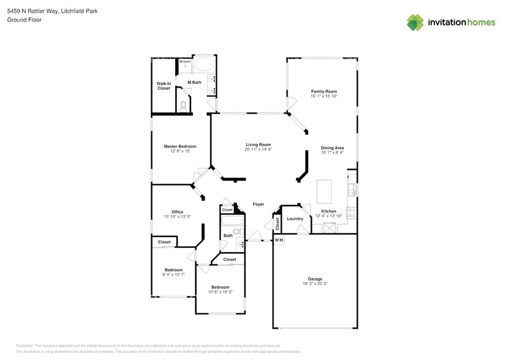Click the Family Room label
(x=323, y=91)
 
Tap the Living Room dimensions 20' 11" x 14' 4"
(x=258, y=149)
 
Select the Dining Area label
(x=332, y=148)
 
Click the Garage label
(x=315, y=279)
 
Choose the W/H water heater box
(x=279, y=240)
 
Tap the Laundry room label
(x=295, y=219)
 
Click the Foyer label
(x=258, y=204)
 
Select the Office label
(x=177, y=212)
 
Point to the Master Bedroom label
(x=180, y=146)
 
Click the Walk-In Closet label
(x=164, y=86)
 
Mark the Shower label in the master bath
(x=184, y=61)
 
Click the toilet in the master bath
(x=183, y=106)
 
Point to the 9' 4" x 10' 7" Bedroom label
(x=173, y=270)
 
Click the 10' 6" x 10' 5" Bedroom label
(x=220, y=287)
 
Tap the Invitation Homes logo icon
(x=415, y=23)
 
